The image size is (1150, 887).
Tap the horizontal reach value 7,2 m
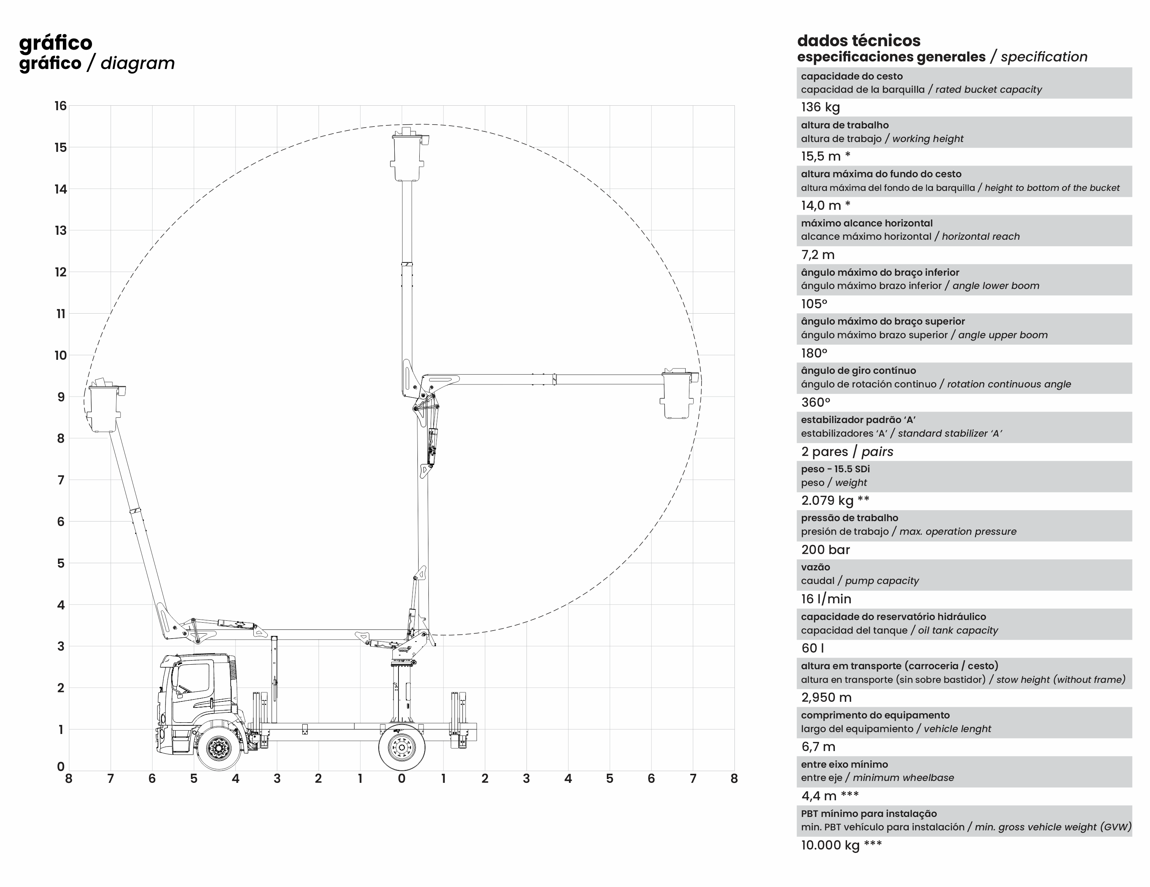pos(818,255)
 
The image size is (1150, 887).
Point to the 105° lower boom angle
pos(814,304)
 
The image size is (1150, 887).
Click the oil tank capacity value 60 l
pos(813,648)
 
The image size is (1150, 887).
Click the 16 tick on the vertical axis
pos(61,106)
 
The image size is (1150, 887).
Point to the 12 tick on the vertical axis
pos(61,272)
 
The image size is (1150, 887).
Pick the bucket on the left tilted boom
pos(105,405)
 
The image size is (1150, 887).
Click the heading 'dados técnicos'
pos(859,41)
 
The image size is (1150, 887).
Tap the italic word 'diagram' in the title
pos(137,63)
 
